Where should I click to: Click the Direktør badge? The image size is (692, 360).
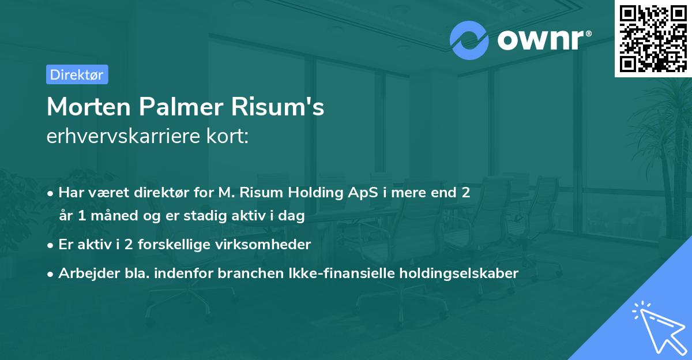pos(77,74)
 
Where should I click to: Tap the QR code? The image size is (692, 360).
pos(653,39)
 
